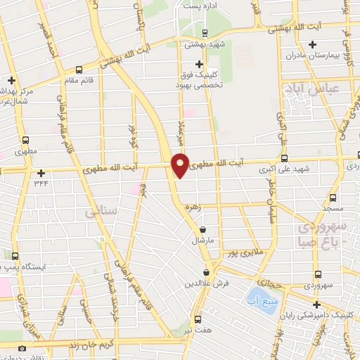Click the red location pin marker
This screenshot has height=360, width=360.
click(181, 165)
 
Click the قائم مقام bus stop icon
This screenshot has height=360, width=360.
click(78, 70)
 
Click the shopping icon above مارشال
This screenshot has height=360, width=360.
click(202, 229)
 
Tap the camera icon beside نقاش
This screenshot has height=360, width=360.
click(22, 349)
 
